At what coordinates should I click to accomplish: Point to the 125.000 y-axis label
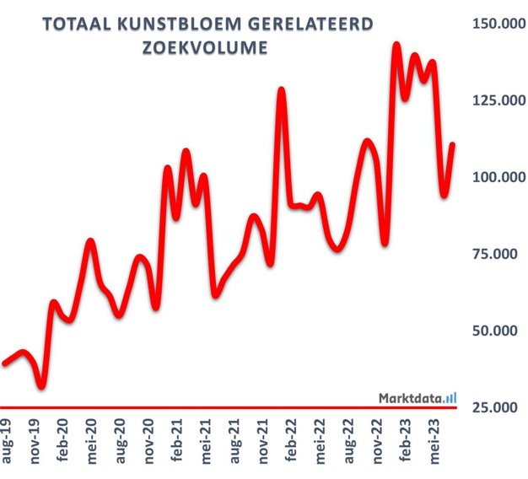coord(494,100)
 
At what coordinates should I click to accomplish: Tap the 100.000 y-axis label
coord(494,177)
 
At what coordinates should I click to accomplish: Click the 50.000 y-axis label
coord(498,331)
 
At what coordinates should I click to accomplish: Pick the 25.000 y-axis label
coord(498,407)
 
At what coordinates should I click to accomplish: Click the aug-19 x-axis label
coord(8,439)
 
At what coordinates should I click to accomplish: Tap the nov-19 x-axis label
coord(36,439)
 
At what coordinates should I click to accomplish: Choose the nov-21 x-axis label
coord(263,439)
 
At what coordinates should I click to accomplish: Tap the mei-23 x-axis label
coord(434,439)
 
